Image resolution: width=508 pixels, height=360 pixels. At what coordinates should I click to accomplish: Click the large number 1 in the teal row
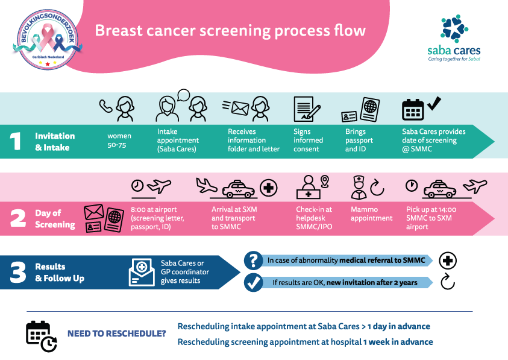[x=17, y=141]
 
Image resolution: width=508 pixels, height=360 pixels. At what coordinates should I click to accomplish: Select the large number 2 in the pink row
[x=18, y=218]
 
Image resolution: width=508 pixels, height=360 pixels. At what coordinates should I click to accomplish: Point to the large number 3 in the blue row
[x=18, y=273]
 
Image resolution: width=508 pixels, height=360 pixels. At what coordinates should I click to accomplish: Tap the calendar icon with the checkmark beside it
[x=413, y=109]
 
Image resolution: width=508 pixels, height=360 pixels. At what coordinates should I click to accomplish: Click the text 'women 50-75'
[x=119, y=141]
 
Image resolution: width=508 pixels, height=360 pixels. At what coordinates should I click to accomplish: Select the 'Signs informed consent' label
[x=308, y=141]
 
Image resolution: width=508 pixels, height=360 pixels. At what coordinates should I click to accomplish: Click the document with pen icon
[x=306, y=109]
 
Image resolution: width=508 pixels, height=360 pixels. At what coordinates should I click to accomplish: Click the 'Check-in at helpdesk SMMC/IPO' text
[x=313, y=218]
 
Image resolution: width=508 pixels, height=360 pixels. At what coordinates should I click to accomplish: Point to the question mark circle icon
[x=252, y=261]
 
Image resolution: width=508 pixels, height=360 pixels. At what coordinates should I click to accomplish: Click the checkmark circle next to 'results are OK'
[x=252, y=282]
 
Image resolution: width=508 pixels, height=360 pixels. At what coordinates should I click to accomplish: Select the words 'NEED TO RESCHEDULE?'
[x=116, y=333]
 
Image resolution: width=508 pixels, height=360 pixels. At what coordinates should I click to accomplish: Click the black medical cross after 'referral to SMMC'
[x=448, y=261]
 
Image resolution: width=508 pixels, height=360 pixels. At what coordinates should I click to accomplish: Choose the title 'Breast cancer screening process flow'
[x=230, y=31]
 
